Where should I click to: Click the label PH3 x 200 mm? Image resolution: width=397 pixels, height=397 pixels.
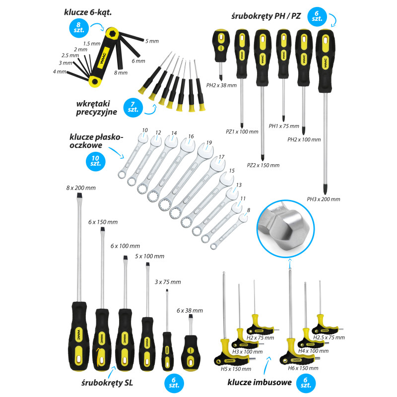tap(324, 199)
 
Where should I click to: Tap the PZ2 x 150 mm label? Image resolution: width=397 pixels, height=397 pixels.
tap(263, 165)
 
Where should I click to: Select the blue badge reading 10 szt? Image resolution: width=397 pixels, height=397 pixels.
tap(95, 161)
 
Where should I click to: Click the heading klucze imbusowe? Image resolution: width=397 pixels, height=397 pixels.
tap(260, 382)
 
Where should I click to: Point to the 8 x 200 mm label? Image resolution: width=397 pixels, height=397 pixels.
tap(81, 188)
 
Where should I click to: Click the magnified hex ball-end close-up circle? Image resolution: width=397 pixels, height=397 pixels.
tap(286, 228)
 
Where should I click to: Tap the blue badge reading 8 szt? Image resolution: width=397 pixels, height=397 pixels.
tap(79, 28)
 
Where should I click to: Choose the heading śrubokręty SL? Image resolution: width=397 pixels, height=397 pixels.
tap(107, 383)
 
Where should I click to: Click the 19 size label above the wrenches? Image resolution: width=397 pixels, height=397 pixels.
tap(209, 142)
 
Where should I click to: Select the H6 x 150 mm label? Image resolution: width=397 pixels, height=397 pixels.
tap(303, 368)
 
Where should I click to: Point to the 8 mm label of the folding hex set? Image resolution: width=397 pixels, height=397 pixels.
tap(121, 72)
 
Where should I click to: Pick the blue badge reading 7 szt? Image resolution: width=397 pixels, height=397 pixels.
tap(133, 107)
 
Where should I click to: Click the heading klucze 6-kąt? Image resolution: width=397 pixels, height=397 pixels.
tap(88, 12)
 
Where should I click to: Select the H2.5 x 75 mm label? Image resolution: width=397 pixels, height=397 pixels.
tap(329, 337)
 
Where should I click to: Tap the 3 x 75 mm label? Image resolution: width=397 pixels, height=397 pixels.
tap(168, 282)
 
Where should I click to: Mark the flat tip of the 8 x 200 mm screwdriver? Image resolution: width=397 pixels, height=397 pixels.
tap(79, 196)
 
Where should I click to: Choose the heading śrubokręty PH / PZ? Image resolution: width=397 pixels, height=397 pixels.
tap(266, 16)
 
